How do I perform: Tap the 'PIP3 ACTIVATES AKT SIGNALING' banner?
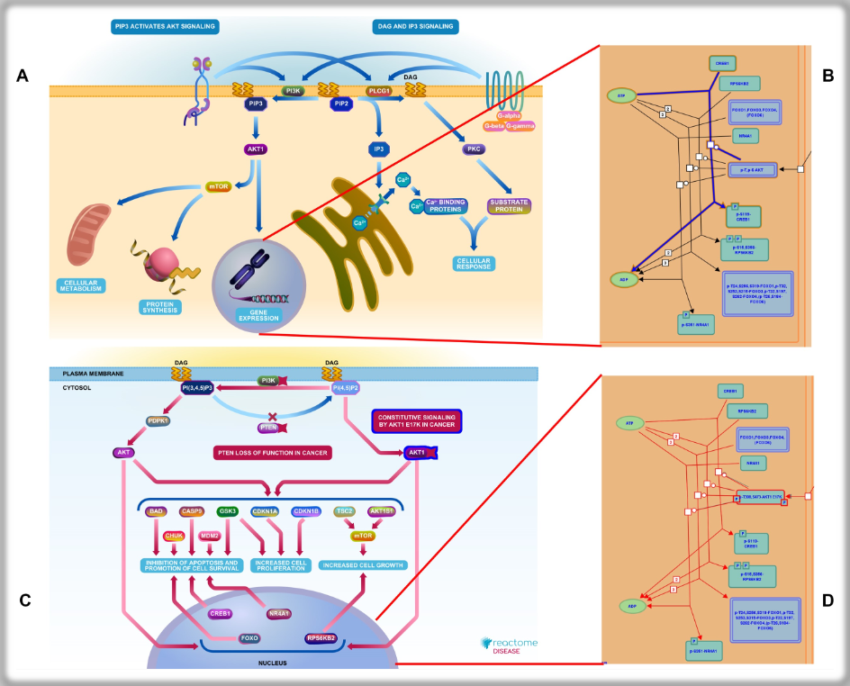point(165,27)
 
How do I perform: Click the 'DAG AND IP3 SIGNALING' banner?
point(413,27)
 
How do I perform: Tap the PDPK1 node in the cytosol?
point(159,420)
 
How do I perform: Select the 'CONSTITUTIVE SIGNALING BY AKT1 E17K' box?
point(416,420)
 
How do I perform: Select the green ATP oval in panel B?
point(621,95)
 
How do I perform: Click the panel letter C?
point(24,600)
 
